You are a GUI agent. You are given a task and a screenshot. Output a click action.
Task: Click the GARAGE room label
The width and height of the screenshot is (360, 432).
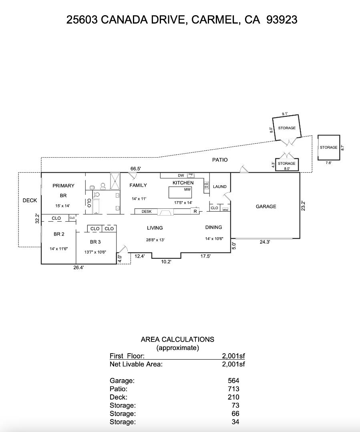(x=266, y=206)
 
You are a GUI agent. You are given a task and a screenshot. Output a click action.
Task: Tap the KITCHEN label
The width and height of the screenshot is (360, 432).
(x=183, y=183)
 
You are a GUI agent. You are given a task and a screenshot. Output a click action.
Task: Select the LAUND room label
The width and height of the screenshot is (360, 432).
(x=219, y=187)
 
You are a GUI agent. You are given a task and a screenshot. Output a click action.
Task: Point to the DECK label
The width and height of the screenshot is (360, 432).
(x=30, y=200)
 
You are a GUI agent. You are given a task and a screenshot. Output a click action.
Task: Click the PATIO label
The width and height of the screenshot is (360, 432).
(x=220, y=160)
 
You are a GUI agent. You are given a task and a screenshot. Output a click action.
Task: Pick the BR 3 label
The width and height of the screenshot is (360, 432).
(x=95, y=242)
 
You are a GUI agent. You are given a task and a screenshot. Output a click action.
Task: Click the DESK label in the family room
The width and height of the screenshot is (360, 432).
(x=147, y=212)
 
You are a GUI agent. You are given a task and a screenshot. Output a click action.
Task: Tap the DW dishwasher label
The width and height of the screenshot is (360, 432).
(x=181, y=176)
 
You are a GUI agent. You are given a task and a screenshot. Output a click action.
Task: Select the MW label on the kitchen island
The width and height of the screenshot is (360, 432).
(x=187, y=190)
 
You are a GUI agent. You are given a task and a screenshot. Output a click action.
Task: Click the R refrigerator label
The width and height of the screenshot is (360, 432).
(x=195, y=212)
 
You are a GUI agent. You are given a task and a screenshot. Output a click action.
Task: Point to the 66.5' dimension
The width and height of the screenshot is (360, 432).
(x=136, y=169)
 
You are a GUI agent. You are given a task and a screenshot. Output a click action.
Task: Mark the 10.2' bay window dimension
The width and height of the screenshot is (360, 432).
(x=166, y=262)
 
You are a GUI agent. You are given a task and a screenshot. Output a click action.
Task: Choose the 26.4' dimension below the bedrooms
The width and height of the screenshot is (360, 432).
(x=78, y=268)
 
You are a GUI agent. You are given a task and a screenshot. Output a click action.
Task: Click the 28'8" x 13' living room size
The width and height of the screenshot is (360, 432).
(x=155, y=240)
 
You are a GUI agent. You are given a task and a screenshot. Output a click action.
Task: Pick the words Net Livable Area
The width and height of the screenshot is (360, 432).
(x=136, y=364)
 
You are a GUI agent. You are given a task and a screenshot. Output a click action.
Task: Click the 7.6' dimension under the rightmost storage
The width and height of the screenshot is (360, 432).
(x=328, y=163)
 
